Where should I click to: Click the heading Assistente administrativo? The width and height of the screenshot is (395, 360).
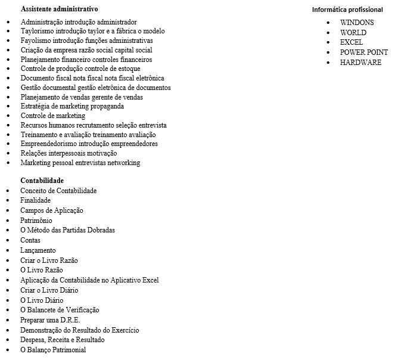pos(60,9)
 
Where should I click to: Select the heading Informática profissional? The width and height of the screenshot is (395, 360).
pos(347,10)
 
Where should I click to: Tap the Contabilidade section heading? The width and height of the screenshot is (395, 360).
pos(42,180)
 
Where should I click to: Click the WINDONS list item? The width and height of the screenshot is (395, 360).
pos(357,22)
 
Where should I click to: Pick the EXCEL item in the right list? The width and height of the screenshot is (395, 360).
pos(352,42)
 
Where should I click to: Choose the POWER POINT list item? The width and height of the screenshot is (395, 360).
pos(364,52)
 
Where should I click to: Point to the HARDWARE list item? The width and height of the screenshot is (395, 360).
pos(360,62)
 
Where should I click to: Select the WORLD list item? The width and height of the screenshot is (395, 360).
pos(354,32)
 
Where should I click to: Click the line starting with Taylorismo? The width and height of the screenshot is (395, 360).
pos(92,31)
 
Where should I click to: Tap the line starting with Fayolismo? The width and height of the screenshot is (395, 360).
pos(86,41)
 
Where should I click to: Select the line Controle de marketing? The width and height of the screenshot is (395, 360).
pos(53,116)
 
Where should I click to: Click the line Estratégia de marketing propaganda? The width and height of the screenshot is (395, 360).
pos(72,106)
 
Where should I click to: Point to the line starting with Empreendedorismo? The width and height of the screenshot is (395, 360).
pos(89,144)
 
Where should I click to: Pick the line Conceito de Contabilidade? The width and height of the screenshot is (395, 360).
pos(58,191)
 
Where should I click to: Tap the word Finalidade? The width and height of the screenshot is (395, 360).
pos(36,201)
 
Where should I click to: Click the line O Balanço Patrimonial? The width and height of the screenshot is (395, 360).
pos(53,350)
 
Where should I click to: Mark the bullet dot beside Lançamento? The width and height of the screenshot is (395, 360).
pos(8,251)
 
